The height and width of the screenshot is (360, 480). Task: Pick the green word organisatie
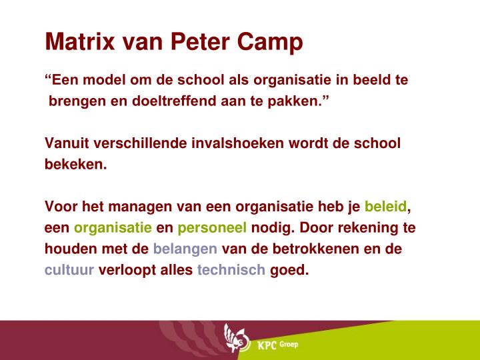click(113, 227)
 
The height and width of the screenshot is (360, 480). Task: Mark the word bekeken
click(75, 164)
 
